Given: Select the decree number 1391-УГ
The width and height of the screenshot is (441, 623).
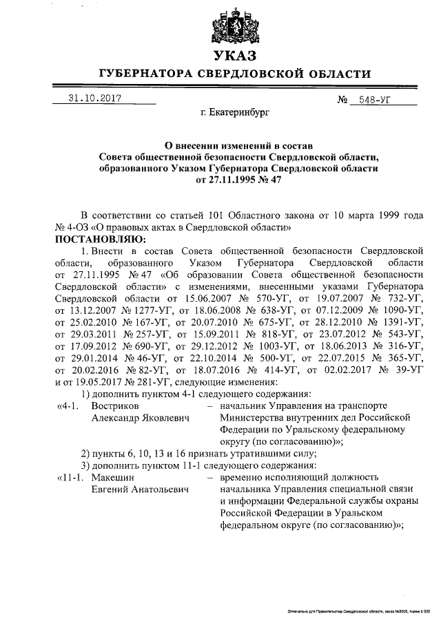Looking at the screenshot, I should [402, 321].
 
